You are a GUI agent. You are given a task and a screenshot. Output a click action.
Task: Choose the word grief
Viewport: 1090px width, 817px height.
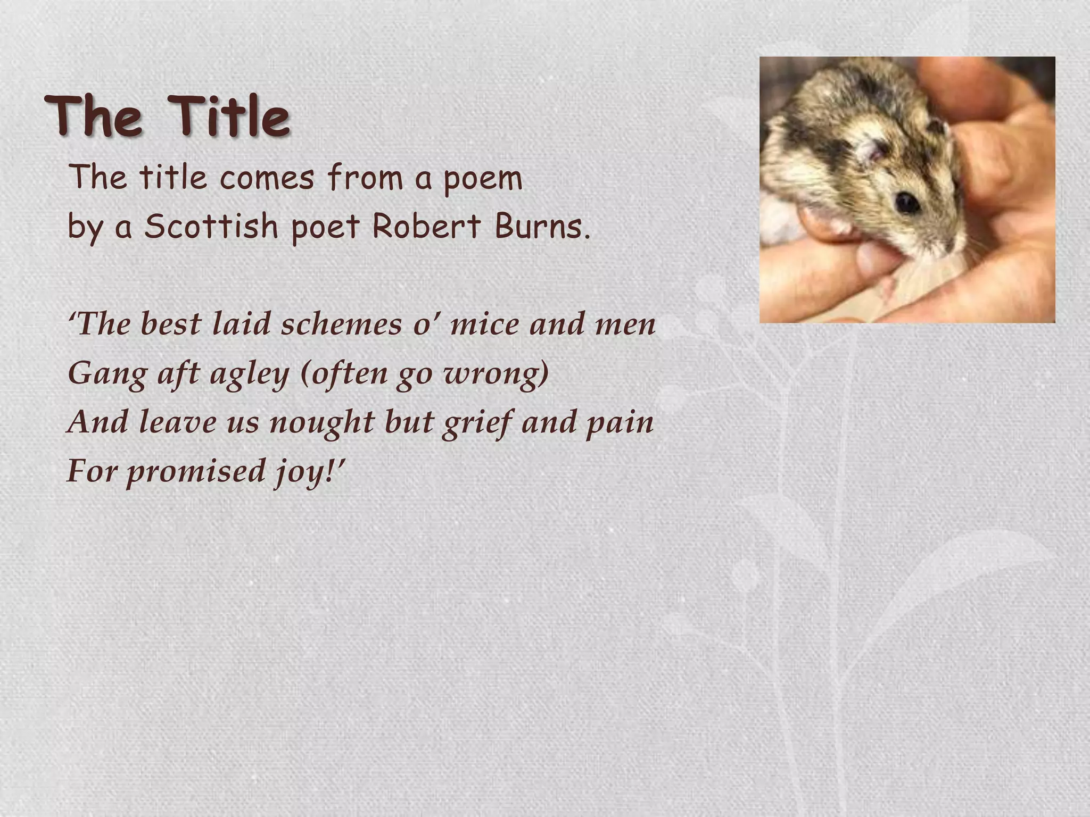click(476, 422)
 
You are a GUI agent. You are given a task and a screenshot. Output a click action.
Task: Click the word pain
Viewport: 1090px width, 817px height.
click(620, 422)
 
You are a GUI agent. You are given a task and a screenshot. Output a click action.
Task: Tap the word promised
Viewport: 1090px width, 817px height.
click(196, 471)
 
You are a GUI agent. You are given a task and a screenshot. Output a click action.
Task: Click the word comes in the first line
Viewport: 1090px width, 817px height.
click(267, 178)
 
